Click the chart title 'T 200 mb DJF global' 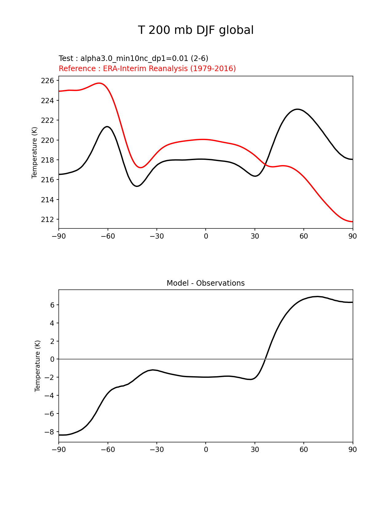(x=196, y=30)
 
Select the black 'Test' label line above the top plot (x=133, y=58)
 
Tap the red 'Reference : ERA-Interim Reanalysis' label (x=147, y=69)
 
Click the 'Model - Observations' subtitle (x=205, y=283)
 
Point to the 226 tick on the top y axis (x=47, y=81)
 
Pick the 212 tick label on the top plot (x=47, y=220)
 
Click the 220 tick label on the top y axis (x=47, y=140)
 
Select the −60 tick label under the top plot (x=108, y=236)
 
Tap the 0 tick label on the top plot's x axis (x=206, y=236)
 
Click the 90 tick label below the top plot (x=353, y=236)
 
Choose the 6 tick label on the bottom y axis (x=52, y=305)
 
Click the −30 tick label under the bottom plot (x=156, y=450)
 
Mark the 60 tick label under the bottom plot (x=304, y=450)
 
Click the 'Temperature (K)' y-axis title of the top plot (x=34, y=152)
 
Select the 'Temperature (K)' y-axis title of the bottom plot (x=38, y=366)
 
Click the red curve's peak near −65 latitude (x=99, y=83)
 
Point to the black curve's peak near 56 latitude (x=297, y=109)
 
